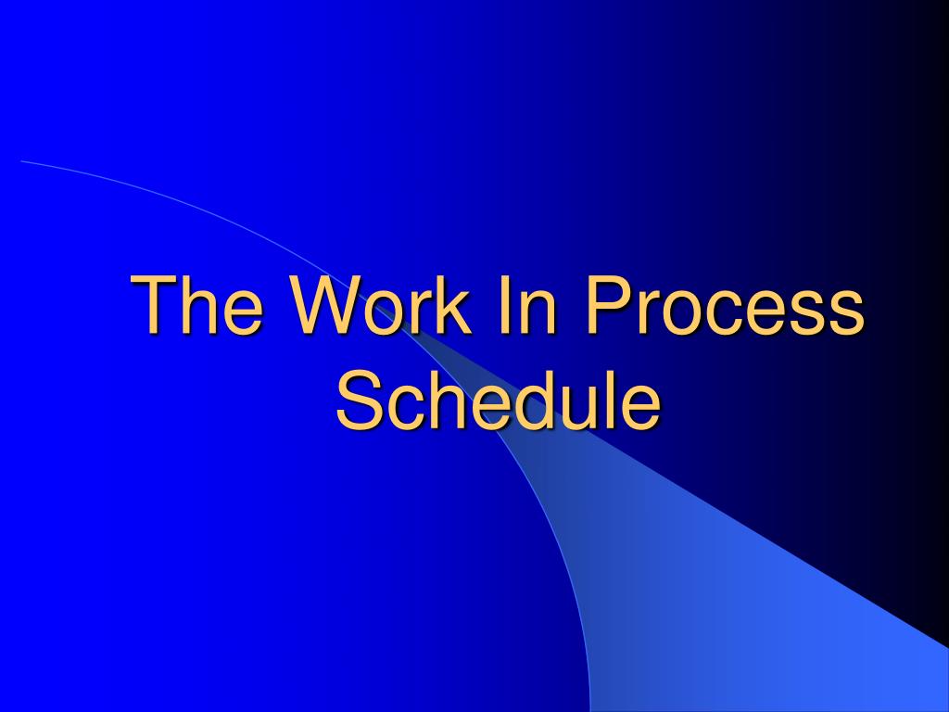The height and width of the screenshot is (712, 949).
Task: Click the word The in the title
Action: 196,303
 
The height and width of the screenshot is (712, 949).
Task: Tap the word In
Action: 526,303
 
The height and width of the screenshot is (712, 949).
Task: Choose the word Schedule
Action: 498,399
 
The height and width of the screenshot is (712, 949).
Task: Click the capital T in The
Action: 154,303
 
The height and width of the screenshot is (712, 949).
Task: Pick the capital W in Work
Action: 327,303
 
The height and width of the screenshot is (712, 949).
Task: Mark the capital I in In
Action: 503,303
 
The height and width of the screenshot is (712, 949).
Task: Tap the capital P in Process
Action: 611,303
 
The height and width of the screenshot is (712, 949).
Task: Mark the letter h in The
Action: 200,303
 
